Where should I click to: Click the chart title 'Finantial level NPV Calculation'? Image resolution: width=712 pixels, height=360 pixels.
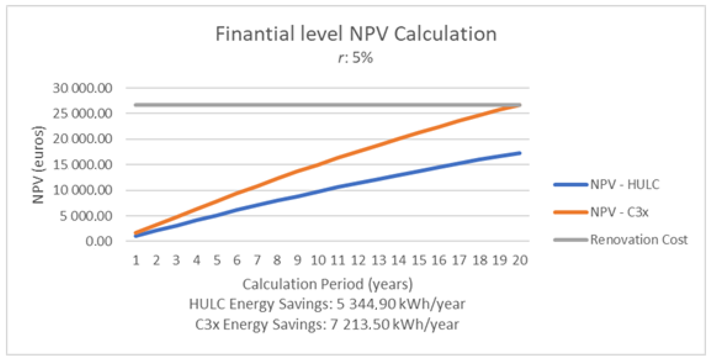coord(356,34)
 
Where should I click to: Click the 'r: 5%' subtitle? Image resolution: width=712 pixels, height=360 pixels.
coord(356,58)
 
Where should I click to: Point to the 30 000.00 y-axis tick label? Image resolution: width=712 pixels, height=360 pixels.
coord(82,88)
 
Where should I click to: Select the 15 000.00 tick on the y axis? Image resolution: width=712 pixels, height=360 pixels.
coord(82,165)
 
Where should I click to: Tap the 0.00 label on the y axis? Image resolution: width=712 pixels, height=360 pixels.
coord(99,241)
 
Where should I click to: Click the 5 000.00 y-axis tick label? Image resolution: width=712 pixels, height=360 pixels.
coord(86,216)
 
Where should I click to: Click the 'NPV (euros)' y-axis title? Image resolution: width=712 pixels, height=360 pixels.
coord(38,165)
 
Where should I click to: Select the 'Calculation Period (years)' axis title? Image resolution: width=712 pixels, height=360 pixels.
coord(328,284)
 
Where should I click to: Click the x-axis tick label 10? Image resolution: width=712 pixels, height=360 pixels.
coord(318,260)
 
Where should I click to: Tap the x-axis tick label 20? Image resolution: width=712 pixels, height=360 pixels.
coord(520,260)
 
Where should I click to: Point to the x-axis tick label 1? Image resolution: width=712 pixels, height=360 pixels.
coord(136,260)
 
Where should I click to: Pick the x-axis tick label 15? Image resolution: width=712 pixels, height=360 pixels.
coord(419,260)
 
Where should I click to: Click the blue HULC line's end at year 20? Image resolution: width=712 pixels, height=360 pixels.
coord(520,153)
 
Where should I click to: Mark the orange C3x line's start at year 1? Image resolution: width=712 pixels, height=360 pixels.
coord(136,233)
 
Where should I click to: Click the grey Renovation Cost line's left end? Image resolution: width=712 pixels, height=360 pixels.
coord(136,105)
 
